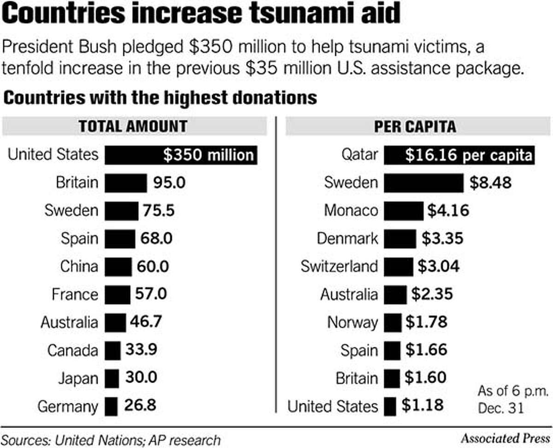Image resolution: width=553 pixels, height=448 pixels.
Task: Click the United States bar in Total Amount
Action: click(x=181, y=155)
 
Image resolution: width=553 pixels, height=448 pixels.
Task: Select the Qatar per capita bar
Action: click(x=459, y=155)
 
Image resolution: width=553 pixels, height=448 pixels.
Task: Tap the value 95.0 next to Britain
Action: click(x=166, y=183)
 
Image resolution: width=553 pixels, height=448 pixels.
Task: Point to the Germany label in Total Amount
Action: click(x=68, y=407)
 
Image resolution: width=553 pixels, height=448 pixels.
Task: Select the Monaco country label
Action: click(x=351, y=211)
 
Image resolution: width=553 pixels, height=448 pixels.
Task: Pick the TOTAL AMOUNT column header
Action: click(x=133, y=126)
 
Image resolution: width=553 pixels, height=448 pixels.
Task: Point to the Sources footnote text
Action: click(x=111, y=439)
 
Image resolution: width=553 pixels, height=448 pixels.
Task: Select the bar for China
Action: click(x=118, y=266)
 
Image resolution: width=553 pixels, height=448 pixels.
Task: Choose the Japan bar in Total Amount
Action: click(x=112, y=378)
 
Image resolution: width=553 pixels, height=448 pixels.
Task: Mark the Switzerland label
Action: click(x=339, y=266)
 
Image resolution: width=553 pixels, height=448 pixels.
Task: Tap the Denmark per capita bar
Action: click(x=400, y=239)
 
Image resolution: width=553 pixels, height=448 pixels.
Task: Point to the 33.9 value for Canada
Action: click(x=141, y=350)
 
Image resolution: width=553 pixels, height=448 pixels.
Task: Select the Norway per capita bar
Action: click(x=393, y=322)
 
